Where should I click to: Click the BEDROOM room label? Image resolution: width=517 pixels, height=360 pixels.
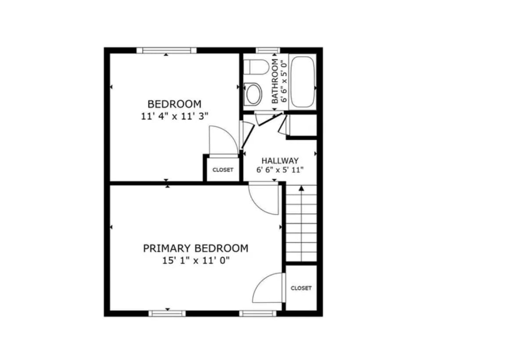tap(174, 104)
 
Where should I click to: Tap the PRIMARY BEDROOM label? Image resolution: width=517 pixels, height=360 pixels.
tap(195, 248)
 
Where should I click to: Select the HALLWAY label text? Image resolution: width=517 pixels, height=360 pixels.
tap(280, 161)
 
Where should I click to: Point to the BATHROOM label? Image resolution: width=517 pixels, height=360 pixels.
tap(275, 81)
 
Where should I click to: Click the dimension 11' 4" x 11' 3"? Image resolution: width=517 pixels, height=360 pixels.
tap(174, 116)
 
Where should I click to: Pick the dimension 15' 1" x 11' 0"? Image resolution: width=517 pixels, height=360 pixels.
tap(195, 261)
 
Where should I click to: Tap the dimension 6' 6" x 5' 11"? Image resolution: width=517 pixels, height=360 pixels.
tap(280, 170)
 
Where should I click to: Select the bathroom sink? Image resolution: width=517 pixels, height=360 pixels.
tap(253, 94)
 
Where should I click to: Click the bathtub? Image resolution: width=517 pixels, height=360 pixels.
tap(303, 81)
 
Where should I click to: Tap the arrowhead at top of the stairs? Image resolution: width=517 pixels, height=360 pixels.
tap(302, 188)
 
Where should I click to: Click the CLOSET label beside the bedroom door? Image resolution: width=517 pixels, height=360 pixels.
tap(223, 170)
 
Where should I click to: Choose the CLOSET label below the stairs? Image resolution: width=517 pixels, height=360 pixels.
tap(301, 288)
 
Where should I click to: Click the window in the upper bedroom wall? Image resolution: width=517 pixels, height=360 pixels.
tap(166, 50)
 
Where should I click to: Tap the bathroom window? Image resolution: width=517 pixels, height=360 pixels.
tap(268, 50)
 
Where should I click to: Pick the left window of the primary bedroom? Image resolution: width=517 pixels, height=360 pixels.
tap(167, 313)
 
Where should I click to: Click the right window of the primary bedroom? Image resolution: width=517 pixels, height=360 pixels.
tap(258, 313)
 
